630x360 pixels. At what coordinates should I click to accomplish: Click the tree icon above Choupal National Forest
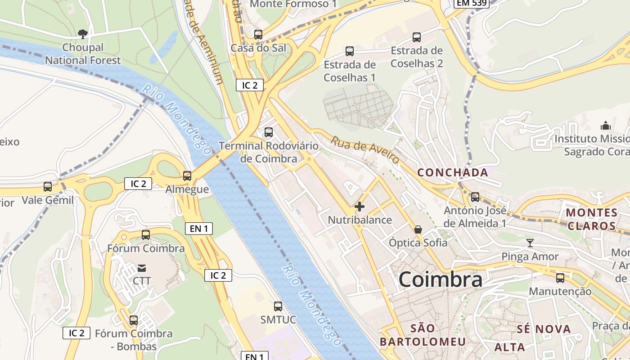82,33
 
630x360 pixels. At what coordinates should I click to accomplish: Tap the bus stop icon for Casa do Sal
258,34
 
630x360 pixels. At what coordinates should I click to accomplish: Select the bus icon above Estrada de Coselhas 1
350,51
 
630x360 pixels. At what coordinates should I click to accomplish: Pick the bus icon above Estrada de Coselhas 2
417,37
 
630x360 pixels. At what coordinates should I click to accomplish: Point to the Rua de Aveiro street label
365,150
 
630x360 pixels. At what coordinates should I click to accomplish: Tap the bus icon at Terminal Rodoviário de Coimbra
269,132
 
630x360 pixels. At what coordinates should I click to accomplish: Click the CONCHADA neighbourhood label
453,172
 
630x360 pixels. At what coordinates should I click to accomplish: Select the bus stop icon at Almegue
187,176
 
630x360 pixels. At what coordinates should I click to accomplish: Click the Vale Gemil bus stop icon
47,186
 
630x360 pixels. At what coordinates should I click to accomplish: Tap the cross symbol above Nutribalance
360,207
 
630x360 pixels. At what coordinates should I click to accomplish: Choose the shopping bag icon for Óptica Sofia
418,229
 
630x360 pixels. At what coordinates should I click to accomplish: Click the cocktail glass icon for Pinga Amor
530,243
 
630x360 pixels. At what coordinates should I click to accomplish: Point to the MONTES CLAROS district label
591,219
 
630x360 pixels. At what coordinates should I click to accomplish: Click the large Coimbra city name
441,279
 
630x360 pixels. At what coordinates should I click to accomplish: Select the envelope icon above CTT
142,268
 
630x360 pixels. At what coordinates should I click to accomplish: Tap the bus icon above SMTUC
278,306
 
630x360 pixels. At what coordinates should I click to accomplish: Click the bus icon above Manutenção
560,278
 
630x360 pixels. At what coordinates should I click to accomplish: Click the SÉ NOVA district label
544,329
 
